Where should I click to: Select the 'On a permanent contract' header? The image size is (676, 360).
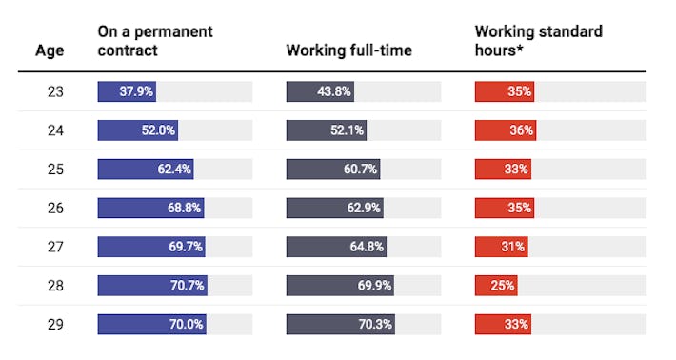point(154,41)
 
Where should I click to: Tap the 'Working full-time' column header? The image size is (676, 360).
point(348,50)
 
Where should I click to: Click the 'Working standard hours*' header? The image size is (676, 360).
point(538,41)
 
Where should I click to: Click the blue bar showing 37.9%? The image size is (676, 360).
point(127,92)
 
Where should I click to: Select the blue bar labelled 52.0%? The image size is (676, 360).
point(137,130)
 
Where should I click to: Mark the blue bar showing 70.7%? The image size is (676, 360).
point(152,285)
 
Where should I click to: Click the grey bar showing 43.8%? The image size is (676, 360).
point(320,92)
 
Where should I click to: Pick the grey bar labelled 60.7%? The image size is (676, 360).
point(333,170)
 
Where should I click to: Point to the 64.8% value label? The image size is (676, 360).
point(367,247)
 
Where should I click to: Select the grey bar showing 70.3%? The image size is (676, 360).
point(341,324)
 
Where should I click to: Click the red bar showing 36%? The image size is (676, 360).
point(506,130)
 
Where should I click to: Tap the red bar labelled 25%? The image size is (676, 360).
point(496,285)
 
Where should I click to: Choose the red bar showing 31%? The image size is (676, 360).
point(501,247)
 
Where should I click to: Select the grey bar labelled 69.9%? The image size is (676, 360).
point(340,285)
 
